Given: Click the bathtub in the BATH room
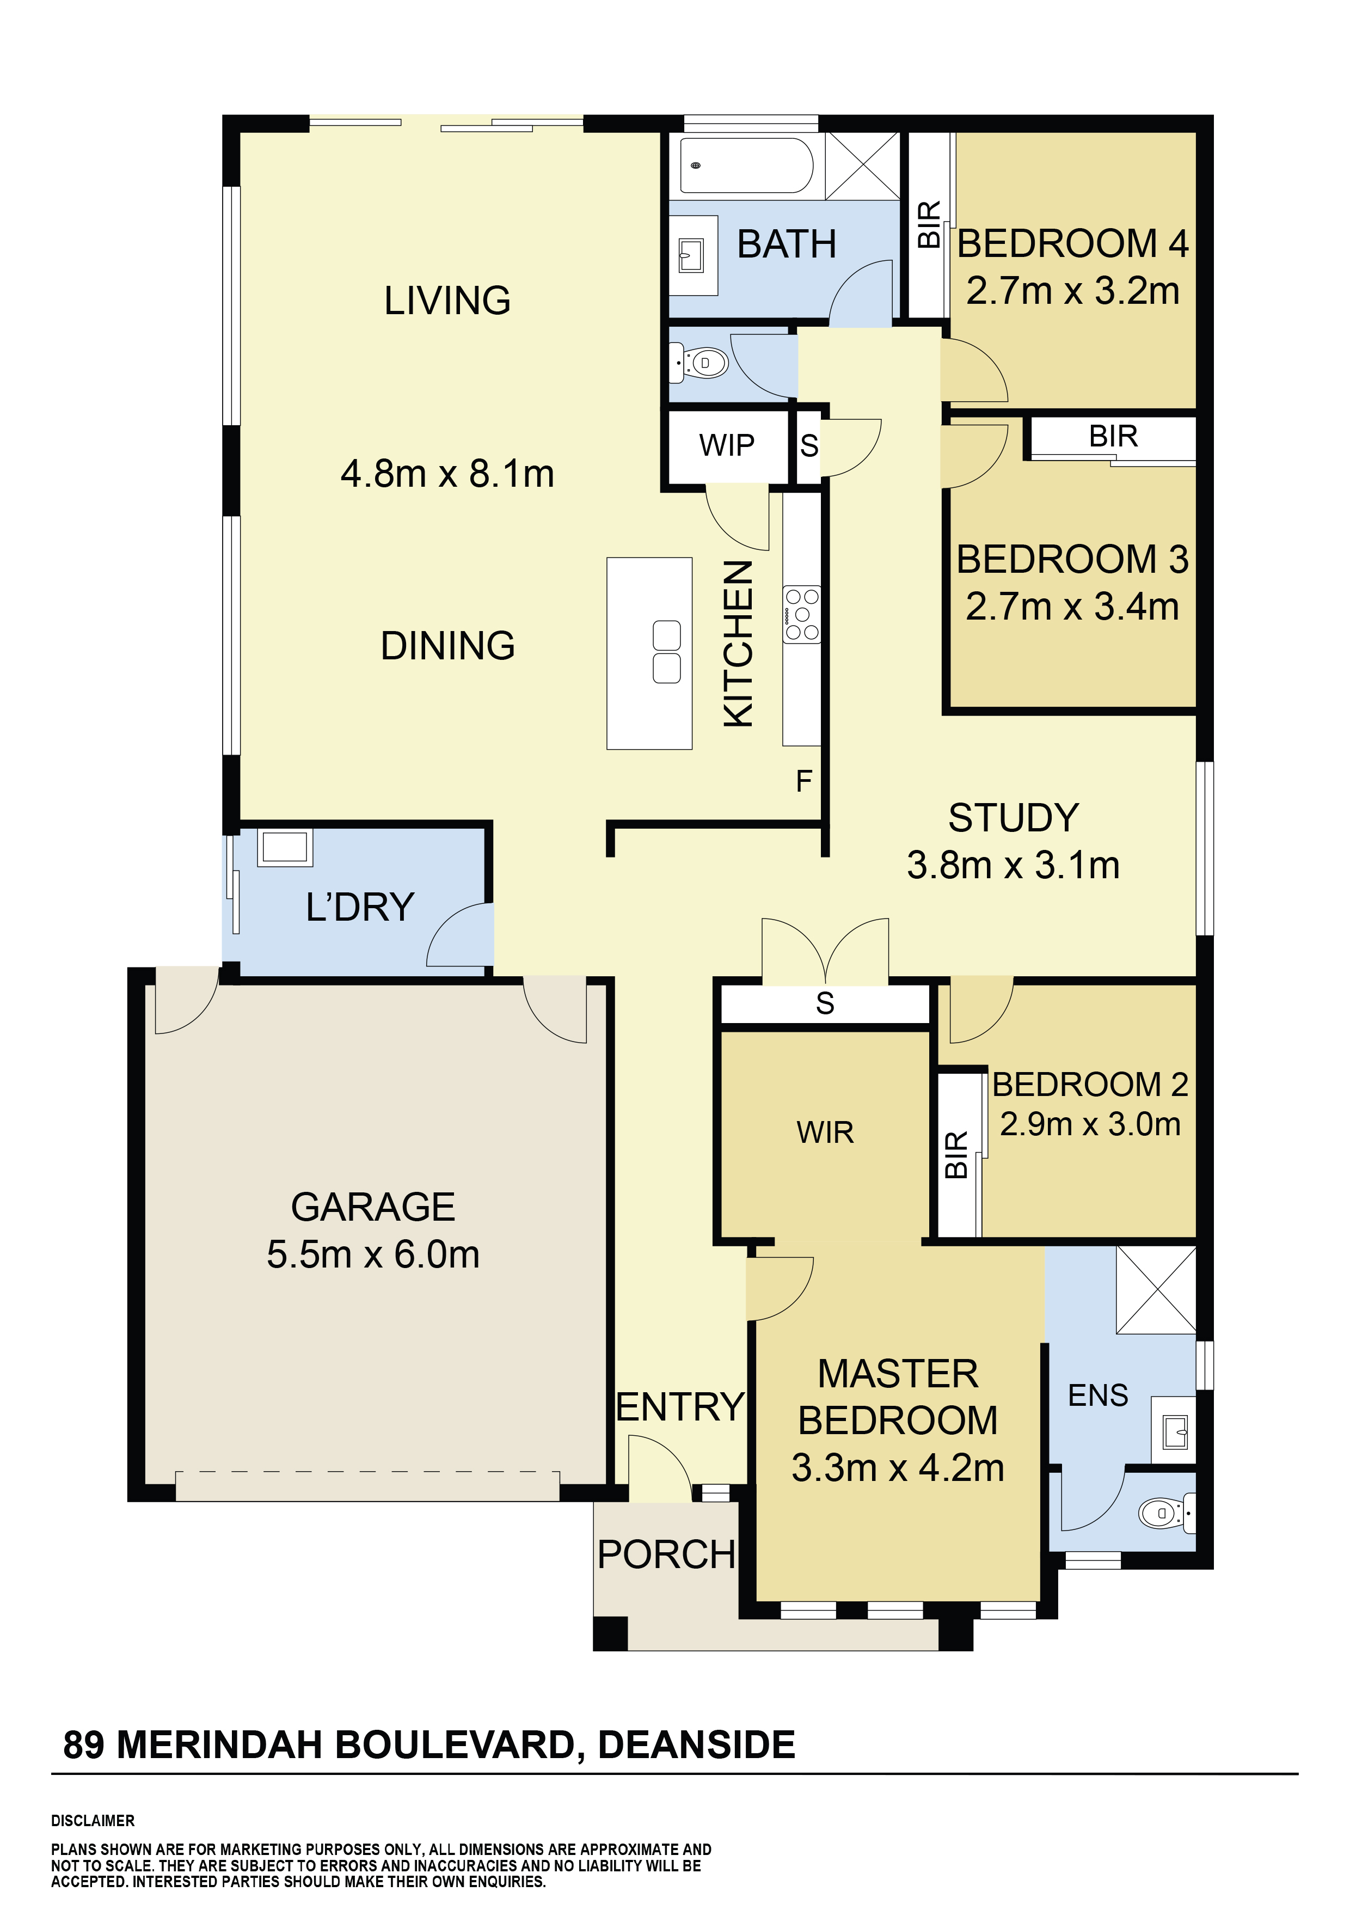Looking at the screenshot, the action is tap(746, 165).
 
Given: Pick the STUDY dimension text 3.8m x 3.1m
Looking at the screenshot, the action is tap(1013, 865).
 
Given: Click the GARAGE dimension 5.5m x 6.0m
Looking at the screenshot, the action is tap(373, 1254).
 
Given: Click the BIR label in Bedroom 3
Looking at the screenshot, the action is tap(1113, 436).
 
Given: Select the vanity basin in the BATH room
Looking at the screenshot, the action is tap(691, 255).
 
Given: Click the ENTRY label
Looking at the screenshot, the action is tap(679, 1407).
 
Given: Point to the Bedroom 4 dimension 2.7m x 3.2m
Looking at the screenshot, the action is tap(1073, 291).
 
